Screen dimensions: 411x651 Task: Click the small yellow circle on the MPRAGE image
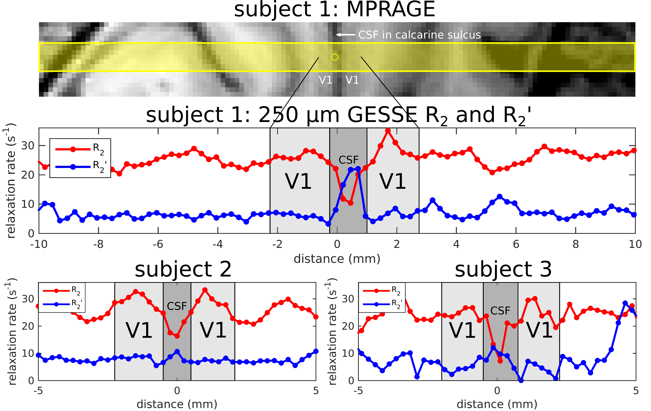pyautogui.click(x=335, y=57)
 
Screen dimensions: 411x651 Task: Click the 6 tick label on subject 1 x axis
pyautogui.click(x=516, y=244)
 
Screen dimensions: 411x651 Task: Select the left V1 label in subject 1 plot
pyautogui.click(x=298, y=181)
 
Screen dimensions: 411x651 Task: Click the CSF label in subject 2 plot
pyautogui.click(x=177, y=306)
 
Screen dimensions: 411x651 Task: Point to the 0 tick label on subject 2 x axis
pyautogui.click(x=177, y=391)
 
